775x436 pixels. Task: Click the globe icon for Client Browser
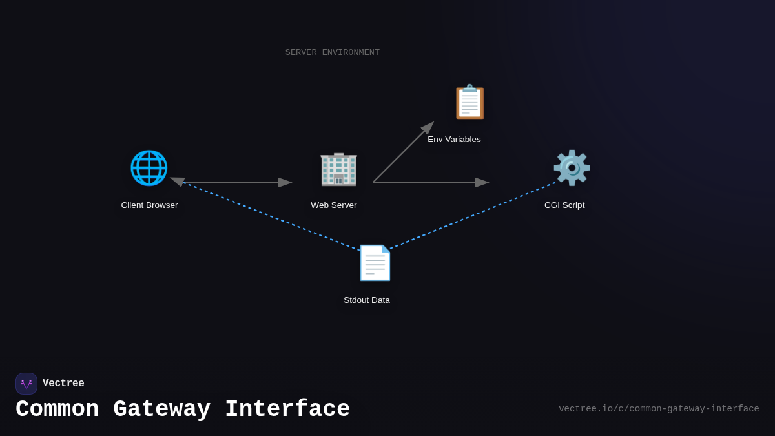pos(149,168)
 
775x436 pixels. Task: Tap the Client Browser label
pos(149,205)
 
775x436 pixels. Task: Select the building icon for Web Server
pos(338,169)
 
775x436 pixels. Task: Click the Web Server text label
pos(333,205)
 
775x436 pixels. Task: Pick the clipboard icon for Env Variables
pos(470,102)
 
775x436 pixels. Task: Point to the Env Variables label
pos(454,140)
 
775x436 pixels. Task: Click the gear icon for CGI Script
pos(572,168)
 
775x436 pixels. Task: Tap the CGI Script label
pos(564,205)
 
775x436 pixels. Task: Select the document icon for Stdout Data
pos(375,263)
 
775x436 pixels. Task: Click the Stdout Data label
pos(366,300)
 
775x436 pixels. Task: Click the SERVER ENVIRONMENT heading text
pos(333,52)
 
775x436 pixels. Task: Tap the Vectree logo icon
pos(26,384)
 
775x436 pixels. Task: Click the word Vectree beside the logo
pos(63,384)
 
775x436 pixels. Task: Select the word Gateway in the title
pos(161,410)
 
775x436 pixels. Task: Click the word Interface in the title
pos(287,410)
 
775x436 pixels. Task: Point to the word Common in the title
pos(57,410)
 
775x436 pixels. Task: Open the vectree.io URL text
pos(659,409)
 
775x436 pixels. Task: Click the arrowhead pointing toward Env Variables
pos(429,127)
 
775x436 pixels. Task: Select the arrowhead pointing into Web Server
pos(285,183)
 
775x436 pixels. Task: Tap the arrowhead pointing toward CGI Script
pos(482,183)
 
